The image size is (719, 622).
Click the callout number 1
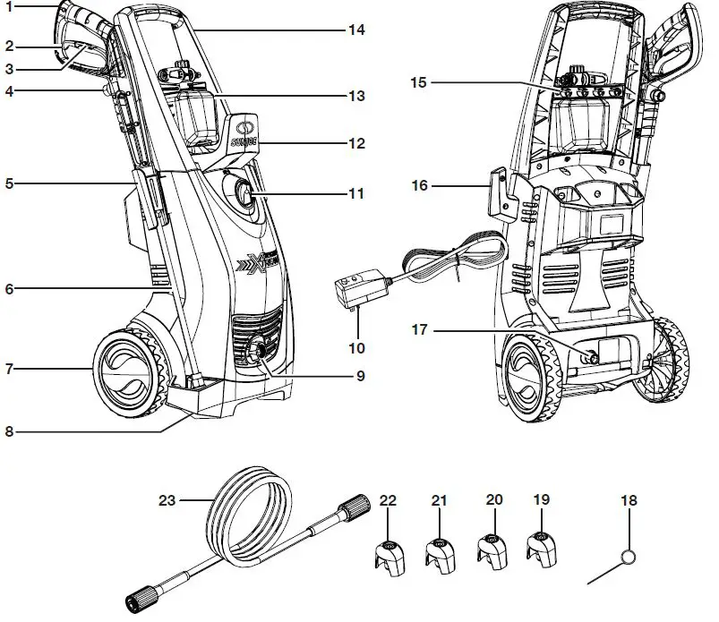pyautogui.click(x=8, y=7)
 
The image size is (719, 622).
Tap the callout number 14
pyautogui.click(x=356, y=30)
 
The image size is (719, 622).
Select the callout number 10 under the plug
pyautogui.click(x=357, y=346)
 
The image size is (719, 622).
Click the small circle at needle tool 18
pyautogui.click(x=630, y=557)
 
